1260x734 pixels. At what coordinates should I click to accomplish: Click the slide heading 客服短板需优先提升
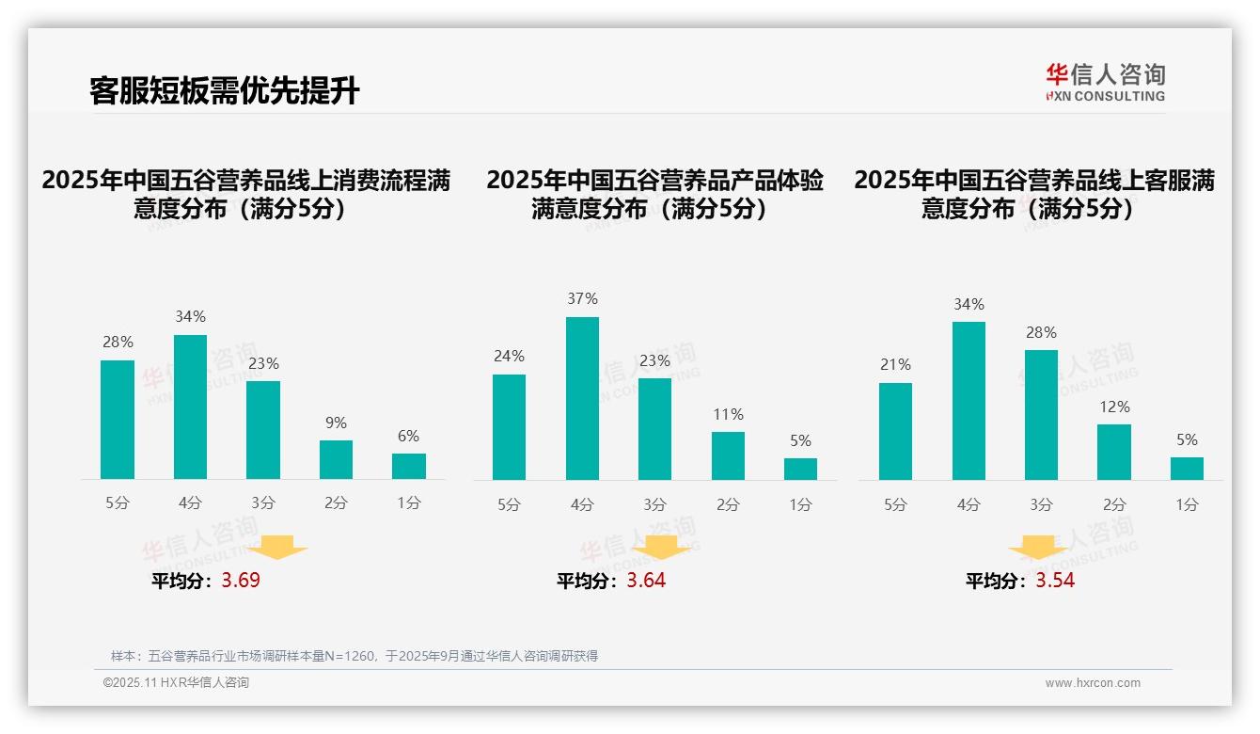coord(225,90)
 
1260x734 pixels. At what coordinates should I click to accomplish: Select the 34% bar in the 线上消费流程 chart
coord(190,407)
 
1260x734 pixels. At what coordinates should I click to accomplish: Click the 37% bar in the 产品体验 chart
coord(582,398)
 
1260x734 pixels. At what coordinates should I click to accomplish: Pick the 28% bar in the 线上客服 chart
coord(1041,415)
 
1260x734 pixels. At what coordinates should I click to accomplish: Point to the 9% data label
coord(336,423)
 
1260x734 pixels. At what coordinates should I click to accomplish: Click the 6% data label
coord(408,437)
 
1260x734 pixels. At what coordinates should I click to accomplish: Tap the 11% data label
coord(728,415)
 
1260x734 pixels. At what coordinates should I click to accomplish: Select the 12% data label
coord(1114,407)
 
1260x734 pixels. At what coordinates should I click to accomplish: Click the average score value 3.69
coord(241,581)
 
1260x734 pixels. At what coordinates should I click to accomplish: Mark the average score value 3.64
coord(646,581)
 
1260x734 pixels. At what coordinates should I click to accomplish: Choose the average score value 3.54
coord(1055,581)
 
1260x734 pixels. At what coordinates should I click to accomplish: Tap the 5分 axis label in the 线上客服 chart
coord(895,505)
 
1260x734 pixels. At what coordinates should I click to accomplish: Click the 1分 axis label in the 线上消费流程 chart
coord(408,503)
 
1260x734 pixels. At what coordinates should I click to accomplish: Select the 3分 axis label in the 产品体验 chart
coord(654,505)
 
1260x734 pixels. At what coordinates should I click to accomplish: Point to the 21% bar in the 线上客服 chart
coord(895,431)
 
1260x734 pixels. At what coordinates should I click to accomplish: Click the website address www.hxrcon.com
coord(1093,683)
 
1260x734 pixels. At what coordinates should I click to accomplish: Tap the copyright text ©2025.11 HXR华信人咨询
coord(176,683)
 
